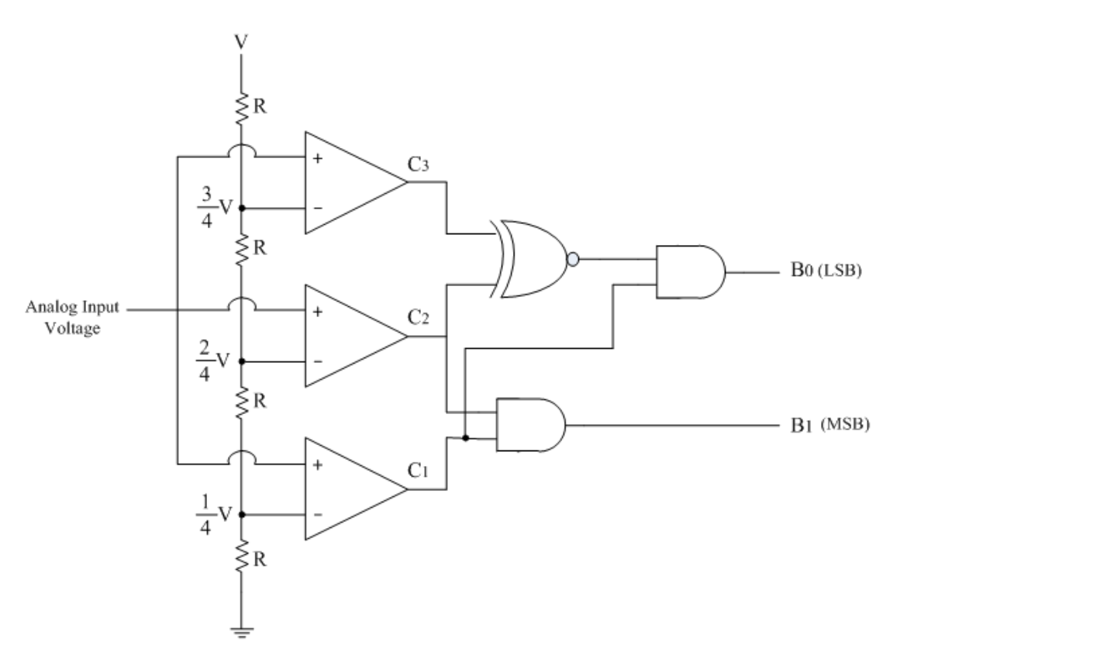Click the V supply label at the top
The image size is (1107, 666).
[x=241, y=41]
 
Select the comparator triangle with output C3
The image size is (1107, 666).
[x=349, y=183]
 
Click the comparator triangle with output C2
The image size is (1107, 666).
[x=349, y=336]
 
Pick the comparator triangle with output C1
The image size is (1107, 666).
[x=349, y=489]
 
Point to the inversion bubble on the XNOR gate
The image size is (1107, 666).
[x=573, y=260]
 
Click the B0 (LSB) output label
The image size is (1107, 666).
[x=826, y=272]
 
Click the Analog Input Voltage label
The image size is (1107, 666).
[x=73, y=317]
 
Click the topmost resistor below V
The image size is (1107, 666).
[x=242, y=109]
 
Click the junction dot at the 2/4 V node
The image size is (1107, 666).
[x=242, y=361]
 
